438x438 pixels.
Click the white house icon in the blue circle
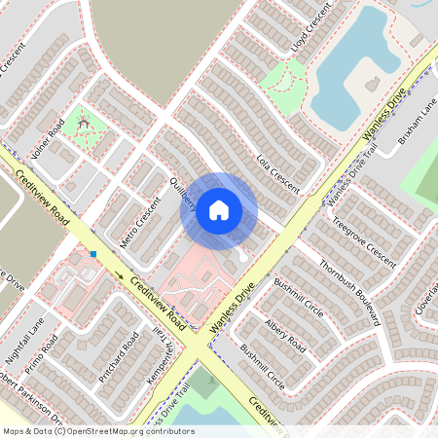[x=219, y=209]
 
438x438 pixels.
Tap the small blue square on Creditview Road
[x=94, y=254]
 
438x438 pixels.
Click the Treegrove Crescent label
[x=364, y=242]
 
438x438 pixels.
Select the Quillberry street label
[x=184, y=187]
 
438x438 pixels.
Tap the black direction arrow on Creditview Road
[x=121, y=275]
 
